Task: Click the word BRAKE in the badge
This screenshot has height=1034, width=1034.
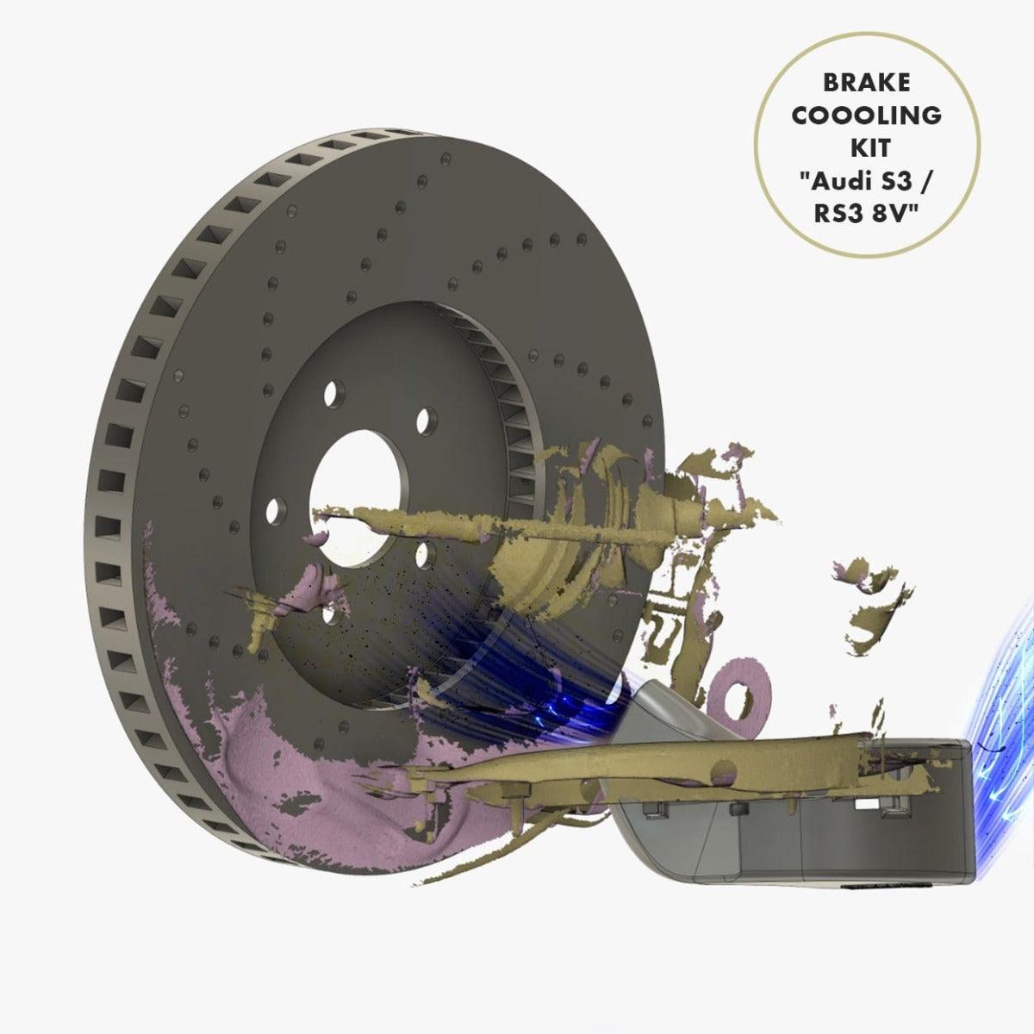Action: pos(867,83)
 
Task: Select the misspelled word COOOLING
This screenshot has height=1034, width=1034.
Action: pos(867,115)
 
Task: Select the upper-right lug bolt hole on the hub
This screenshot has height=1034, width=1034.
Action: pos(422,420)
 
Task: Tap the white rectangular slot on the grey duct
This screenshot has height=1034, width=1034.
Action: pos(863,803)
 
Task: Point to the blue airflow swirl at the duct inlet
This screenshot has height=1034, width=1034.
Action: pos(1004,689)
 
